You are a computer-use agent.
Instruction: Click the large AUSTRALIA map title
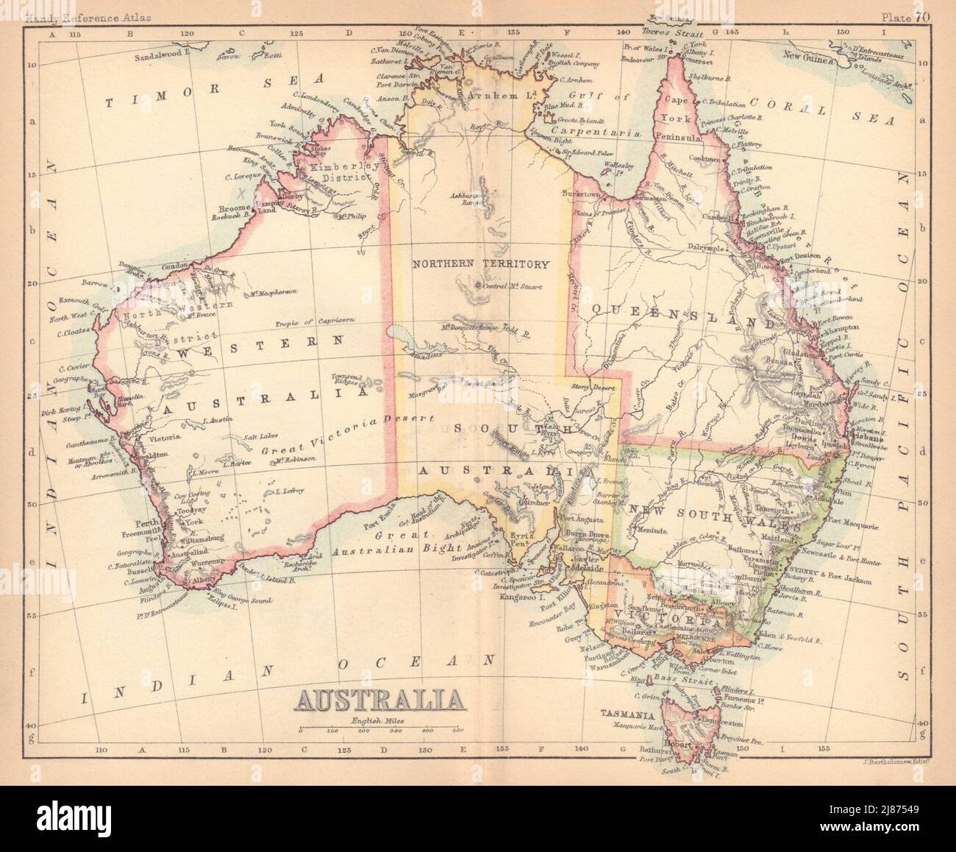click(x=379, y=698)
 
